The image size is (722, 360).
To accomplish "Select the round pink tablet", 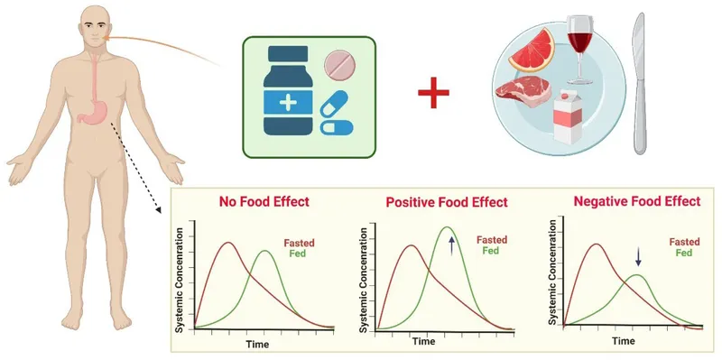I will tap(341, 64).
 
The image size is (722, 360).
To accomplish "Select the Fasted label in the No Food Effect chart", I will tap(300, 243).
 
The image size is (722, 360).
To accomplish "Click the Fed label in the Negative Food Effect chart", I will tap(683, 254).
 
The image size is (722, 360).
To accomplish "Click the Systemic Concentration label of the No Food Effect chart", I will tap(180, 283).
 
